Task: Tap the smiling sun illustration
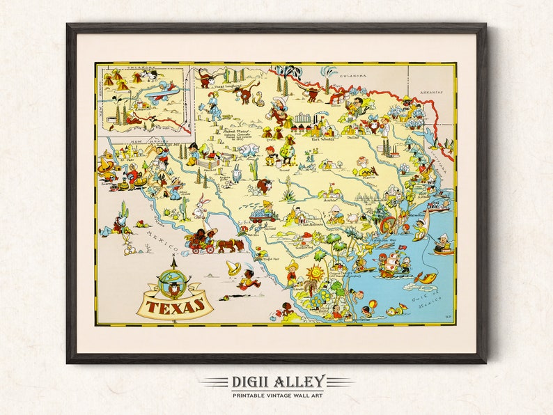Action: coord(318,273)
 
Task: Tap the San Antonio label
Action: coord(315,225)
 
